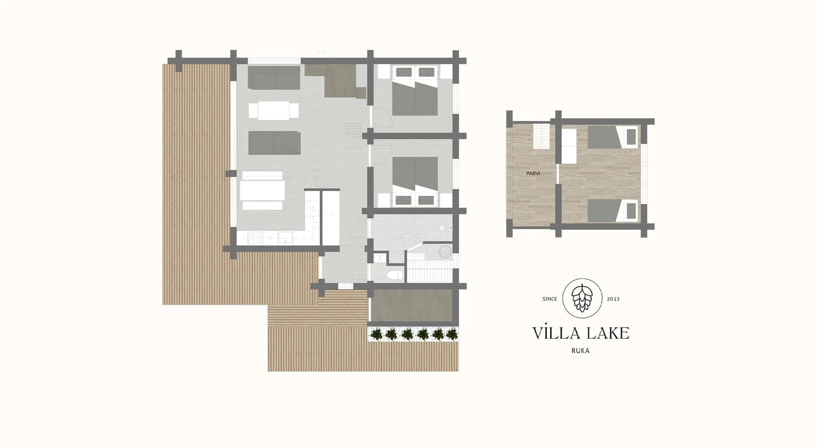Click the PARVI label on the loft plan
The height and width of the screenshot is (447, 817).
(533, 173)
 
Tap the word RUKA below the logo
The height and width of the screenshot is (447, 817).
(581, 351)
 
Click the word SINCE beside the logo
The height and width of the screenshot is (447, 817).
(550, 299)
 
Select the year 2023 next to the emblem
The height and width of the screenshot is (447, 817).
(613, 299)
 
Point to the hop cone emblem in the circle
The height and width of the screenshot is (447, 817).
(582, 298)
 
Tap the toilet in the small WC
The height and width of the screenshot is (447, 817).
(395, 275)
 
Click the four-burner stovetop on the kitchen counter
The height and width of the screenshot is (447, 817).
(255, 238)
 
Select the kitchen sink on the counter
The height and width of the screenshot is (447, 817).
(285, 238)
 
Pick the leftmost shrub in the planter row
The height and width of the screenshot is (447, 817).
(375, 334)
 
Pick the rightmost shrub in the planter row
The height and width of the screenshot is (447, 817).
(452, 334)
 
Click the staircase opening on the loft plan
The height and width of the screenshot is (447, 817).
(541, 136)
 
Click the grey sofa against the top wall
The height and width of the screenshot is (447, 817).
(274, 78)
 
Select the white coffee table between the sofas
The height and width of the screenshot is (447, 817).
(273, 111)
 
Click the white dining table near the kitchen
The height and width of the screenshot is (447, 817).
(262, 190)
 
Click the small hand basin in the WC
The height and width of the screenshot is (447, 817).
(380, 258)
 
